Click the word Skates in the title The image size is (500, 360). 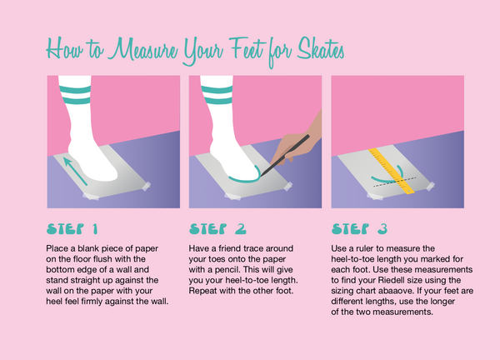tap(321, 49)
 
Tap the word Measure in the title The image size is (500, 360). tap(142, 49)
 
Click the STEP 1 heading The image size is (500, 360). tap(72, 229)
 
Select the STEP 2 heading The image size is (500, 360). tap(217, 229)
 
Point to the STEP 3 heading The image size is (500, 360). tap(359, 229)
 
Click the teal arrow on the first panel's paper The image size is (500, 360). tap(75, 171)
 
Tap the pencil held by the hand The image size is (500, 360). tap(285, 155)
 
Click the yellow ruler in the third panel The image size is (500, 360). tap(392, 171)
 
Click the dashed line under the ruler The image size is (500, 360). tap(395, 182)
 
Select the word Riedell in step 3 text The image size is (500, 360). tap(390, 280)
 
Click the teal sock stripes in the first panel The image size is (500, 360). tap(75, 95)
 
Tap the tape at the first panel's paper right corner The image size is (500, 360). tap(146, 186)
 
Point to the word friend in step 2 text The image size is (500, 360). tap(230, 248)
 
